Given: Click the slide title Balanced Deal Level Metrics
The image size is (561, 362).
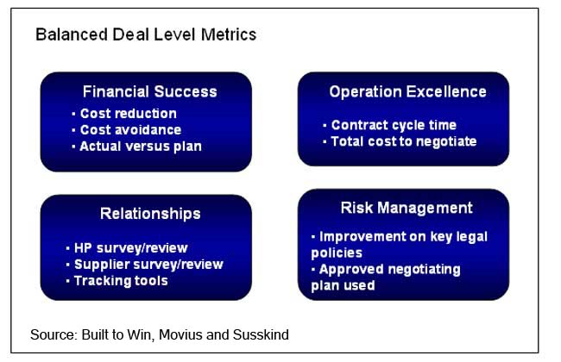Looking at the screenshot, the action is pos(146,34).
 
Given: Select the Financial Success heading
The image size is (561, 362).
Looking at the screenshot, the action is pos(150,91).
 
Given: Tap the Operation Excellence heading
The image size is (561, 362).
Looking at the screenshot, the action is pos(408,92).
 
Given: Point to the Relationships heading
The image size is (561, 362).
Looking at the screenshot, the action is pos(150,214).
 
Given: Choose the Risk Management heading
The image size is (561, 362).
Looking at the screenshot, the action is pos(407,208).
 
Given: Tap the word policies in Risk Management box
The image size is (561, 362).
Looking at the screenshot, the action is pos(337,253).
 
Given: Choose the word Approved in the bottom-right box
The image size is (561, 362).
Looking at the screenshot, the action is pos(351,270).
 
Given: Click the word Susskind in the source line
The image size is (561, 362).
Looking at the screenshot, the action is pos(261,334).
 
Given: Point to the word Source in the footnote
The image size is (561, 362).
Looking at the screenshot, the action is pos(54,334).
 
